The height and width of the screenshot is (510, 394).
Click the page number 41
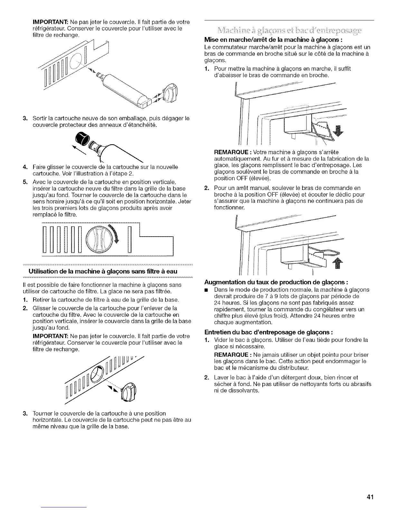[x=370, y=497]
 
